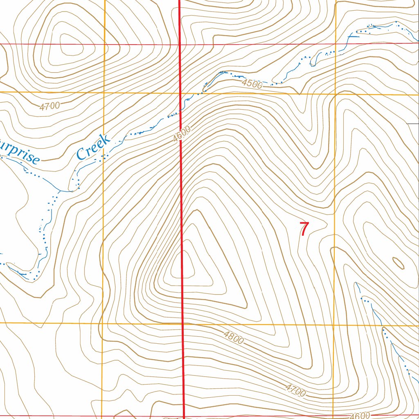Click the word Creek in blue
93,147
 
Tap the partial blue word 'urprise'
20,152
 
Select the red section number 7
304,229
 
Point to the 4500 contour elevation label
251,84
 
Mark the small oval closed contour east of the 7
398,263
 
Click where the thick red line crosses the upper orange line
181,93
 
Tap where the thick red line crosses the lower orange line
182,324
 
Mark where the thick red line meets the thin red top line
180,44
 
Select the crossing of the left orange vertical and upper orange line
104,92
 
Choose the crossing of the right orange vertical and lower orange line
334,325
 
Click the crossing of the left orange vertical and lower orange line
103,323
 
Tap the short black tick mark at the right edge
412,123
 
